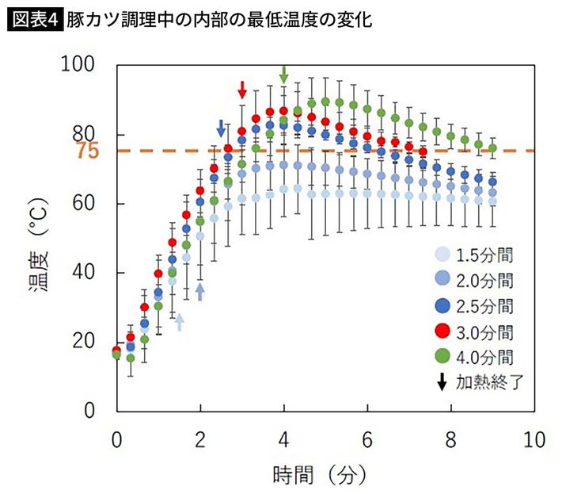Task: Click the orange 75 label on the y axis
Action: pyautogui.click(x=88, y=151)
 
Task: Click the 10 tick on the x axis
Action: pyautogui.click(x=534, y=438)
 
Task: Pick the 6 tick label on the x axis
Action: pyautogui.click(x=367, y=438)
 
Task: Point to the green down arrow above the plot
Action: pyautogui.click(x=284, y=74)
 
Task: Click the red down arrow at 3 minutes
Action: pyautogui.click(x=242, y=90)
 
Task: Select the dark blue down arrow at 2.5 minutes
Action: pyautogui.click(x=222, y=128)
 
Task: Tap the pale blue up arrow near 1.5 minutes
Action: pyautogui.click(x=180, y=321)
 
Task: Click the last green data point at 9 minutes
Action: pyautogui.click(x=492, y=148)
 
